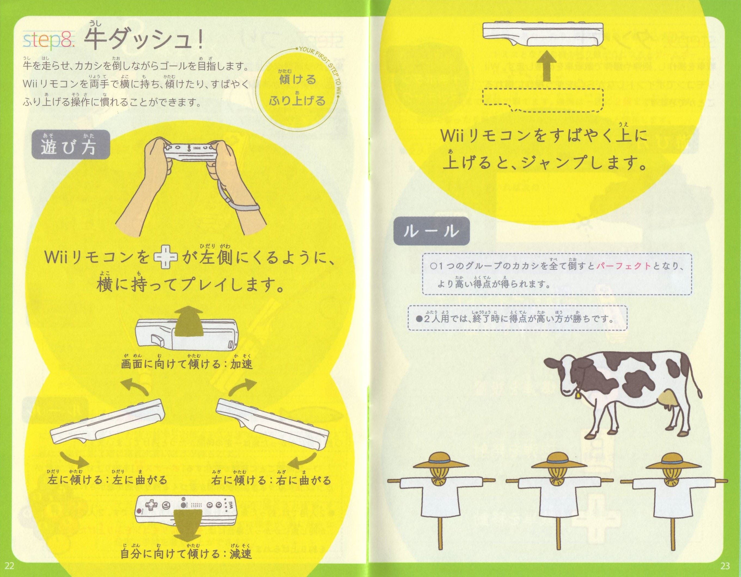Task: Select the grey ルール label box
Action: click(431, 231)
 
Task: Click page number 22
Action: click(10, 566)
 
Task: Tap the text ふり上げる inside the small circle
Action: click(297, 101)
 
